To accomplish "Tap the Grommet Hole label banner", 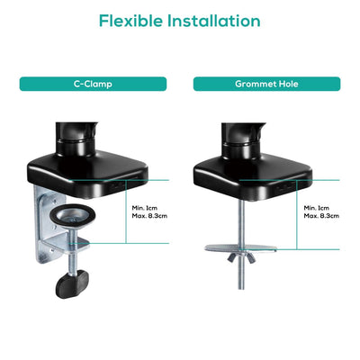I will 266,84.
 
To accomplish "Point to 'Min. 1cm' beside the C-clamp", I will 143,208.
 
